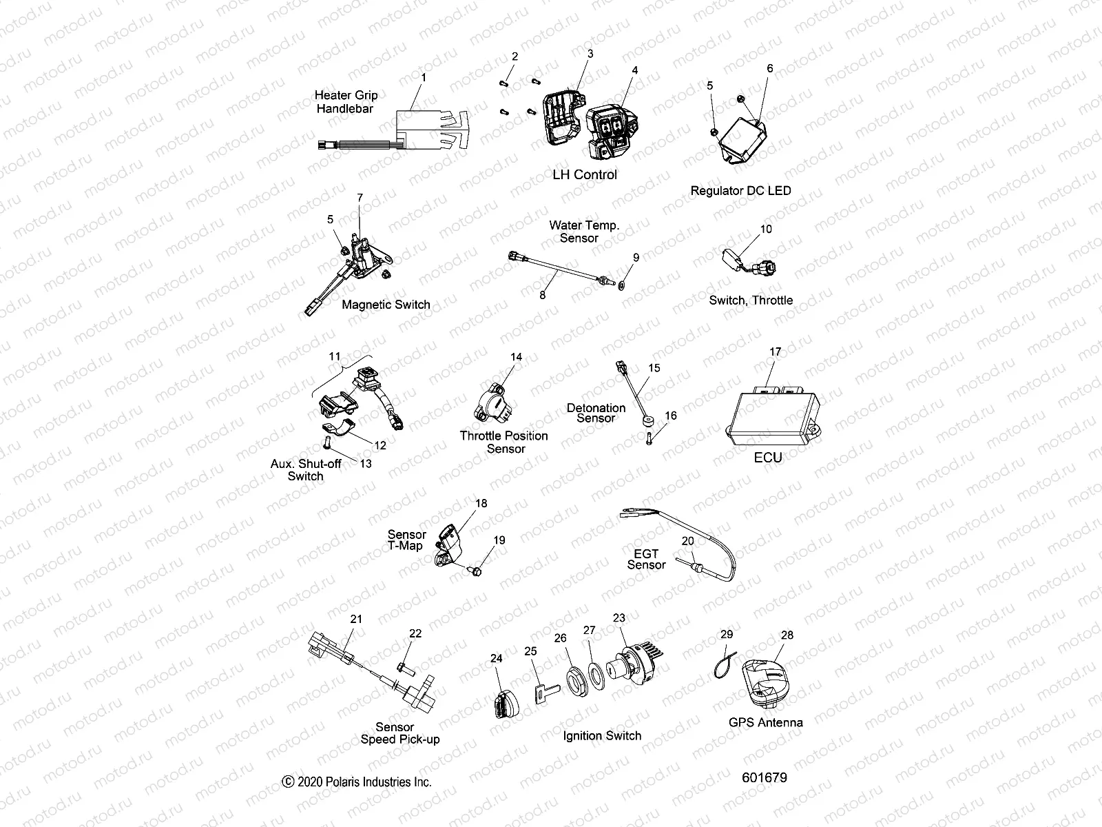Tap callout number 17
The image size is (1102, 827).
[x=775, y=352]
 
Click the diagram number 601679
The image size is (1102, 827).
[x=764, y=777]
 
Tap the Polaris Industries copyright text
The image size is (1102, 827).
[x=357, y=782]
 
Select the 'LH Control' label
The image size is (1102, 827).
[x=585, y=175]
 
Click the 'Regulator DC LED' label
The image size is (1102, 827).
[x=740, y=191]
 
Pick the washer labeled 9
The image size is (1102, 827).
[x=623, y=284]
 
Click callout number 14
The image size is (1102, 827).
[x=516, y=357]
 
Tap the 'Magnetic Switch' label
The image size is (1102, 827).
[x=386, y=305]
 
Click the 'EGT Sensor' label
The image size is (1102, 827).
[x=646, y=559]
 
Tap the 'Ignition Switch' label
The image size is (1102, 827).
[x=602, y=736]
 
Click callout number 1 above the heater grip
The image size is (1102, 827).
[x=424, y=78]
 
